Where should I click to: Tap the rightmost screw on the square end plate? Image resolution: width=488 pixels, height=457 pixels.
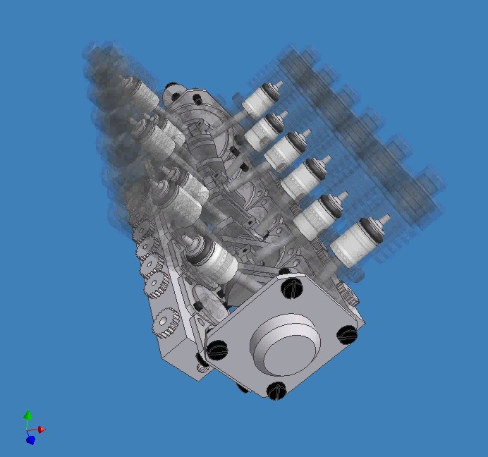pos(347,334)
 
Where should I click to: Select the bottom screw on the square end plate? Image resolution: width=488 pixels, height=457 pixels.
pos(276,390)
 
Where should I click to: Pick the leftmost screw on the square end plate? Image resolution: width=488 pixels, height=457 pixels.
pos(218,348)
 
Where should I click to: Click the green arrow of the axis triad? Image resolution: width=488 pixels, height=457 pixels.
pos(28,415)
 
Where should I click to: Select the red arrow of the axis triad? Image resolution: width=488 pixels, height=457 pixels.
pos(41,429)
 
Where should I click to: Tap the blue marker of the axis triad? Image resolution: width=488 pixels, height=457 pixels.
pos(30,439)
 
